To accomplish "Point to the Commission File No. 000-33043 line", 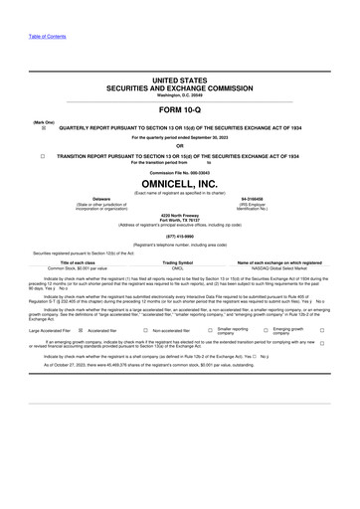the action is (x=180, y=171).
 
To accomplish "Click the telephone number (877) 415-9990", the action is (x=180, y=236).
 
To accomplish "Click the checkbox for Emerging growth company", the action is (x=321, y=330).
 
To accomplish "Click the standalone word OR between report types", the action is (x=180, y=146).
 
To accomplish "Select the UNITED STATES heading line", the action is (x=180, y=78).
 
